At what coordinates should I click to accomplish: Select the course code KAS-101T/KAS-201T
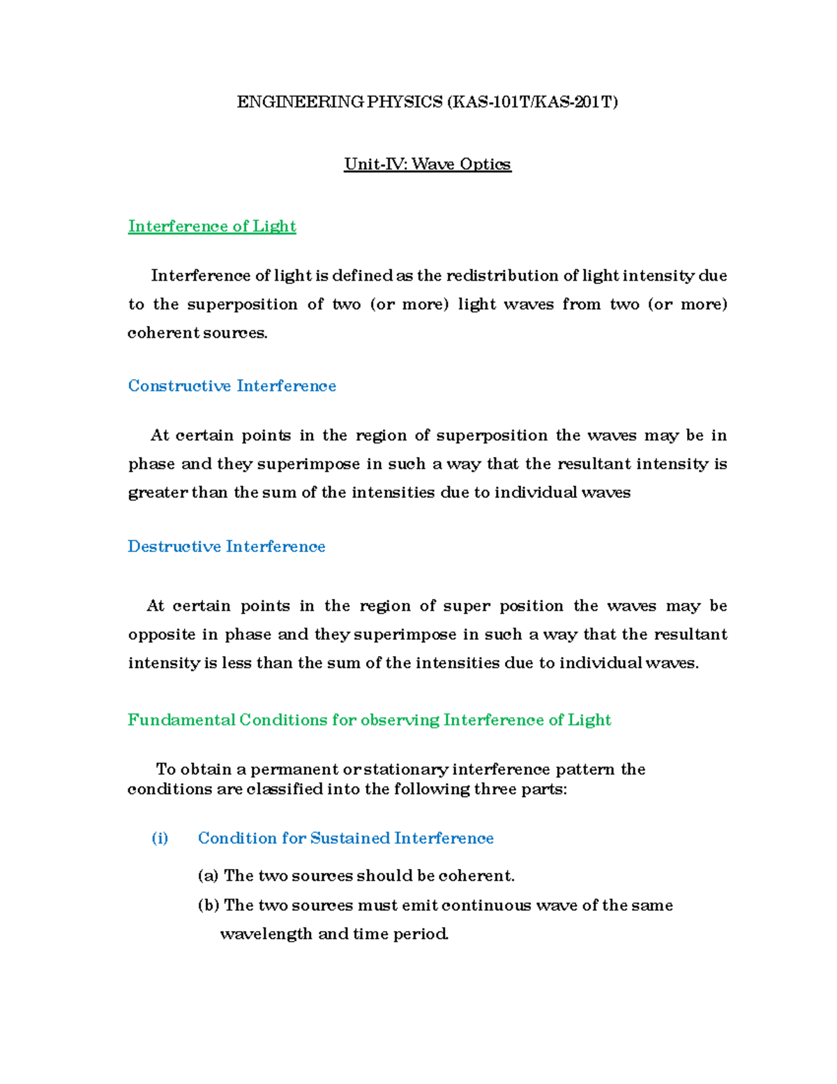[532, 103]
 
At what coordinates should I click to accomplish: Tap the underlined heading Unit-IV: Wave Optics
[427, 164]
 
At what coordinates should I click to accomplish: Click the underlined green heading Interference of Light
[212, 226]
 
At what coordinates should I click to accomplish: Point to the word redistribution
[502, 276]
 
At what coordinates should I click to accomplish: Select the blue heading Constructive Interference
[232, 386]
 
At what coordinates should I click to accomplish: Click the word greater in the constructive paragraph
[158, 493]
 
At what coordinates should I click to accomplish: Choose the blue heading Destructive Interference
[227, 547]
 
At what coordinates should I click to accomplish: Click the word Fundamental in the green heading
[181, 720]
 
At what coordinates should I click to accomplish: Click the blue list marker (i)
[160, 838]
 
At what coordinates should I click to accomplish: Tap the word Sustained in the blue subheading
[349, 838]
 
